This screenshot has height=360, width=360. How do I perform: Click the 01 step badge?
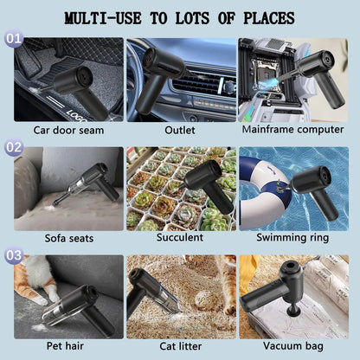click(13, 40)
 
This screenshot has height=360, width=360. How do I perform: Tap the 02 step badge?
click(13, 147)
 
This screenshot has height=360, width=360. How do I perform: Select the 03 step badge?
click(13, 256)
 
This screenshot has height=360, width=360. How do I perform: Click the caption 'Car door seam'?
click(68, 131)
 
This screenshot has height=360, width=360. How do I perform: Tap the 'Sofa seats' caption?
click(68, 237)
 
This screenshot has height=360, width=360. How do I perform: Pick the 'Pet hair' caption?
click(68, 346)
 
